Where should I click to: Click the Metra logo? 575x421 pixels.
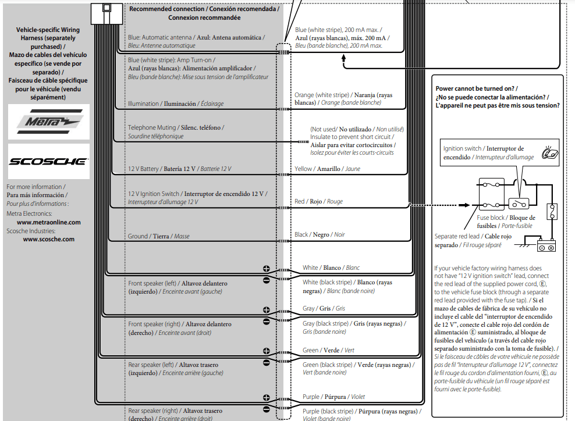tap(48, 122)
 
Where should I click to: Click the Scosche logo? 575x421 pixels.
tap(48, 161)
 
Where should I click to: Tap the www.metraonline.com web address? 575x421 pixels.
tap(49, 222)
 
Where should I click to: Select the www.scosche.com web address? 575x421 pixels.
tap(49, 239)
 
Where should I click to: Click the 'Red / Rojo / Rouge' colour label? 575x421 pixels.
tap(318, 201)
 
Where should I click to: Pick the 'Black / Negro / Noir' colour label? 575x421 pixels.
tap(320, 235)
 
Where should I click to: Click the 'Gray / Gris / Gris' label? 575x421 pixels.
tap(324, 308)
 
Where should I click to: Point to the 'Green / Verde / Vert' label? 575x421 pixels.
tap(328, 350)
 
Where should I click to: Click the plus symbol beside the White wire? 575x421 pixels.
tap(267, 269)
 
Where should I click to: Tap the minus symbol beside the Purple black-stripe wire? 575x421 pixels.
tap(267, 409)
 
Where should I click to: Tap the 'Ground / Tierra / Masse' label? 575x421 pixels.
tap(158, 237)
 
